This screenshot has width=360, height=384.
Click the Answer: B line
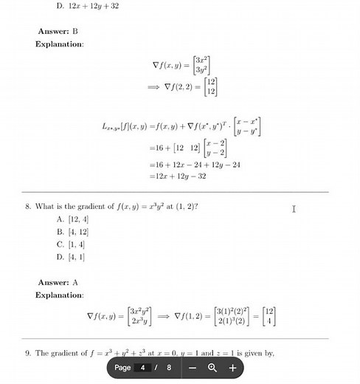(x=58, y=32)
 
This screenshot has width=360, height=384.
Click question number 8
(x=28, y=207)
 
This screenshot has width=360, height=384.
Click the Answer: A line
(x=58, y=283)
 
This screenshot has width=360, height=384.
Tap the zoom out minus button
(x=193, y=367)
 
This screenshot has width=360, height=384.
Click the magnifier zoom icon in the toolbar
(x=212, y=367)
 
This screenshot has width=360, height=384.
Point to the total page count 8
(x=169, y=367)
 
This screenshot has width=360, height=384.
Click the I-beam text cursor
(x=294, y=209)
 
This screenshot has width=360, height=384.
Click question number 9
(x=28, y=353)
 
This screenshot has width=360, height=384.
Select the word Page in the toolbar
(x=122, y=367)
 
